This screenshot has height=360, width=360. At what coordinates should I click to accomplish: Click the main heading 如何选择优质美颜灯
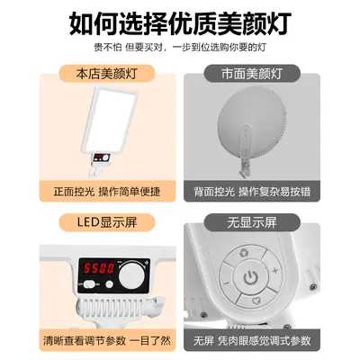click(x=180, y=23)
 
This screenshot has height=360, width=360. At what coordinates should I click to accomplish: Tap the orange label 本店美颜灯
click(x=106, y=74)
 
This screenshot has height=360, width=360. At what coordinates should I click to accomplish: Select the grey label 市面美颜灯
click(x=252, y=74)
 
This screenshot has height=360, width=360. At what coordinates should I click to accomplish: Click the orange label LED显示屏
click(x=107, y=222)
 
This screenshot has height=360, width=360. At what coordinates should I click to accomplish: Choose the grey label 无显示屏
click(x=252, y=222)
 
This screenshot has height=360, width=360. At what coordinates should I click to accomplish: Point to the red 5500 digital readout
click(x=99, y=268)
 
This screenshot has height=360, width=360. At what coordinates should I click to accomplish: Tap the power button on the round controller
click(x=250, y=277)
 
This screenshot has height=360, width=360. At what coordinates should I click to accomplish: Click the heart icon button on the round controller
click(x=255, y=300)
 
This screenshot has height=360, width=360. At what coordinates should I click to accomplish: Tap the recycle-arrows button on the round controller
click(x=244, y=254)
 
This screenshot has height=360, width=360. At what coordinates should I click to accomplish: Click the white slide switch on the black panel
click(x=88, y=283)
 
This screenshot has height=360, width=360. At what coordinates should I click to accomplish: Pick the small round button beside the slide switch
click(x=110, y=284)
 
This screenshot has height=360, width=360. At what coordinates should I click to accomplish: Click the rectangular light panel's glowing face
click(x=110, y=121)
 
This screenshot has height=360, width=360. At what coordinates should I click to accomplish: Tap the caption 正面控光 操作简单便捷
click(x=107, y=192)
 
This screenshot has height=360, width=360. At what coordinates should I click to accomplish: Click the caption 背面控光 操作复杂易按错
click(x=252, y=192)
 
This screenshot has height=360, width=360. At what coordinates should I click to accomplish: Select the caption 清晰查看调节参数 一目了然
click(x=107, y=340)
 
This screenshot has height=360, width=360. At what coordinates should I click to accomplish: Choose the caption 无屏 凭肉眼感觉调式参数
click(x=252, y=340)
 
